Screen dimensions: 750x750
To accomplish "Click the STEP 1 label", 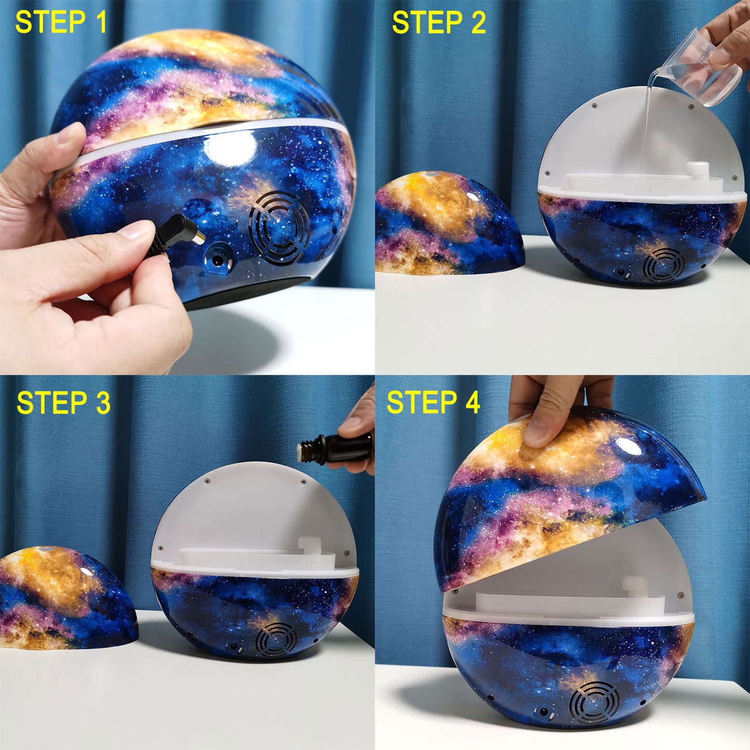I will point(61,22).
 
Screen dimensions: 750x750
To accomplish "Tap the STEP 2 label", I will point(439,23).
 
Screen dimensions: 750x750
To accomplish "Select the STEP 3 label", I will point(63,403).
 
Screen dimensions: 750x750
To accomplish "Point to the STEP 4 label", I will point(433,403).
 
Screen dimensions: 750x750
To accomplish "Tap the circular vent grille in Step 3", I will point(276,640).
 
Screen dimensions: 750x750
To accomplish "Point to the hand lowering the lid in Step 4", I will point(555,410).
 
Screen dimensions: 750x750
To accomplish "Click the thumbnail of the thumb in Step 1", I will point(136,229).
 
